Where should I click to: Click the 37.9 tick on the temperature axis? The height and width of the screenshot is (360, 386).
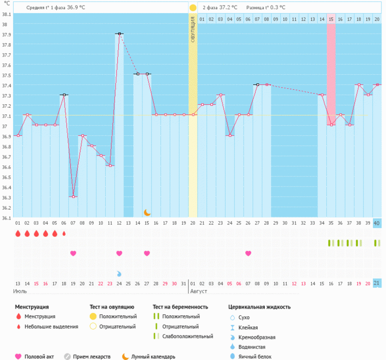coord(6,34)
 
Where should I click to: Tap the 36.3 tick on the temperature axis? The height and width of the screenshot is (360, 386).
coord(6,198)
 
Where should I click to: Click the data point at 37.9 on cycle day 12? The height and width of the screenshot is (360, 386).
coord(119,34)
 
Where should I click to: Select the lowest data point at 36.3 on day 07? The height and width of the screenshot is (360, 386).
coord(73,197)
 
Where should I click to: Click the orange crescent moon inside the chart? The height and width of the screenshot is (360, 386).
coord(147,213)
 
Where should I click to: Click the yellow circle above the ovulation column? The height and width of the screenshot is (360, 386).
coord(193,8)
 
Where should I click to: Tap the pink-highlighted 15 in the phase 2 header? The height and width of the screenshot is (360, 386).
coord(331,19)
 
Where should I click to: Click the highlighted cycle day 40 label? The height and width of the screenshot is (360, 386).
coord(377,223)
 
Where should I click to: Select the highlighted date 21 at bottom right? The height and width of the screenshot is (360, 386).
coord(377,283)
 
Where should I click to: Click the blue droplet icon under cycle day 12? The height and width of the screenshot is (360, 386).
coord(119,273)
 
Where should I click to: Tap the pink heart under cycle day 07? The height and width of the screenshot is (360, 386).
coord(73,253)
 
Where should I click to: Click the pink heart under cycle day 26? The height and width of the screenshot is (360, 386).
coord(248,253)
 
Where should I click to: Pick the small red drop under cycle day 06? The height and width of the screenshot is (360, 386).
coord(64,233)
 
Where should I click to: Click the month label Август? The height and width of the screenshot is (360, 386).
coord(198,291)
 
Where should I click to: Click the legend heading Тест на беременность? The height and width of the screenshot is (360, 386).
coord(180,307)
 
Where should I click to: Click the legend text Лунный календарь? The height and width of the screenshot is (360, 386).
coord(153,356)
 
